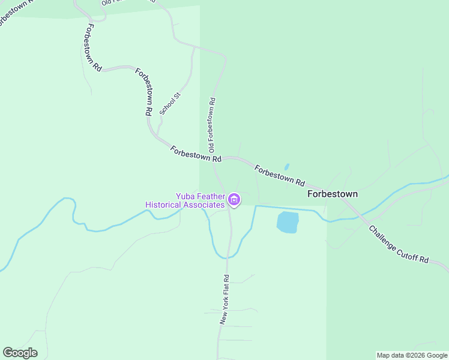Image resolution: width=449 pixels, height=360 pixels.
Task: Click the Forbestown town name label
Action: point(333,194)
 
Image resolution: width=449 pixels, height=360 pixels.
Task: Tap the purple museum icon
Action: point(234,199)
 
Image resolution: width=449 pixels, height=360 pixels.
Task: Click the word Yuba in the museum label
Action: point(185,196)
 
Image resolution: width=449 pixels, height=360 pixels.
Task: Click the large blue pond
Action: point(288,222)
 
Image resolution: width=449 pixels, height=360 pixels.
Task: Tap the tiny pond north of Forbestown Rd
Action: point(286,167)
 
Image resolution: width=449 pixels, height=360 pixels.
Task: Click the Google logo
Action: point(20,353)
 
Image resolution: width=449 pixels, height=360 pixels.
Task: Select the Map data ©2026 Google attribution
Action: point(412,355)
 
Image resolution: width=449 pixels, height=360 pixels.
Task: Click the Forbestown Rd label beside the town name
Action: point(279,175)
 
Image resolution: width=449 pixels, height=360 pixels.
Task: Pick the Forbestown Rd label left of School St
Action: point(143,91)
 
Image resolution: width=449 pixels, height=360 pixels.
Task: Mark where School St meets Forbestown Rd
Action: point(157,136)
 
